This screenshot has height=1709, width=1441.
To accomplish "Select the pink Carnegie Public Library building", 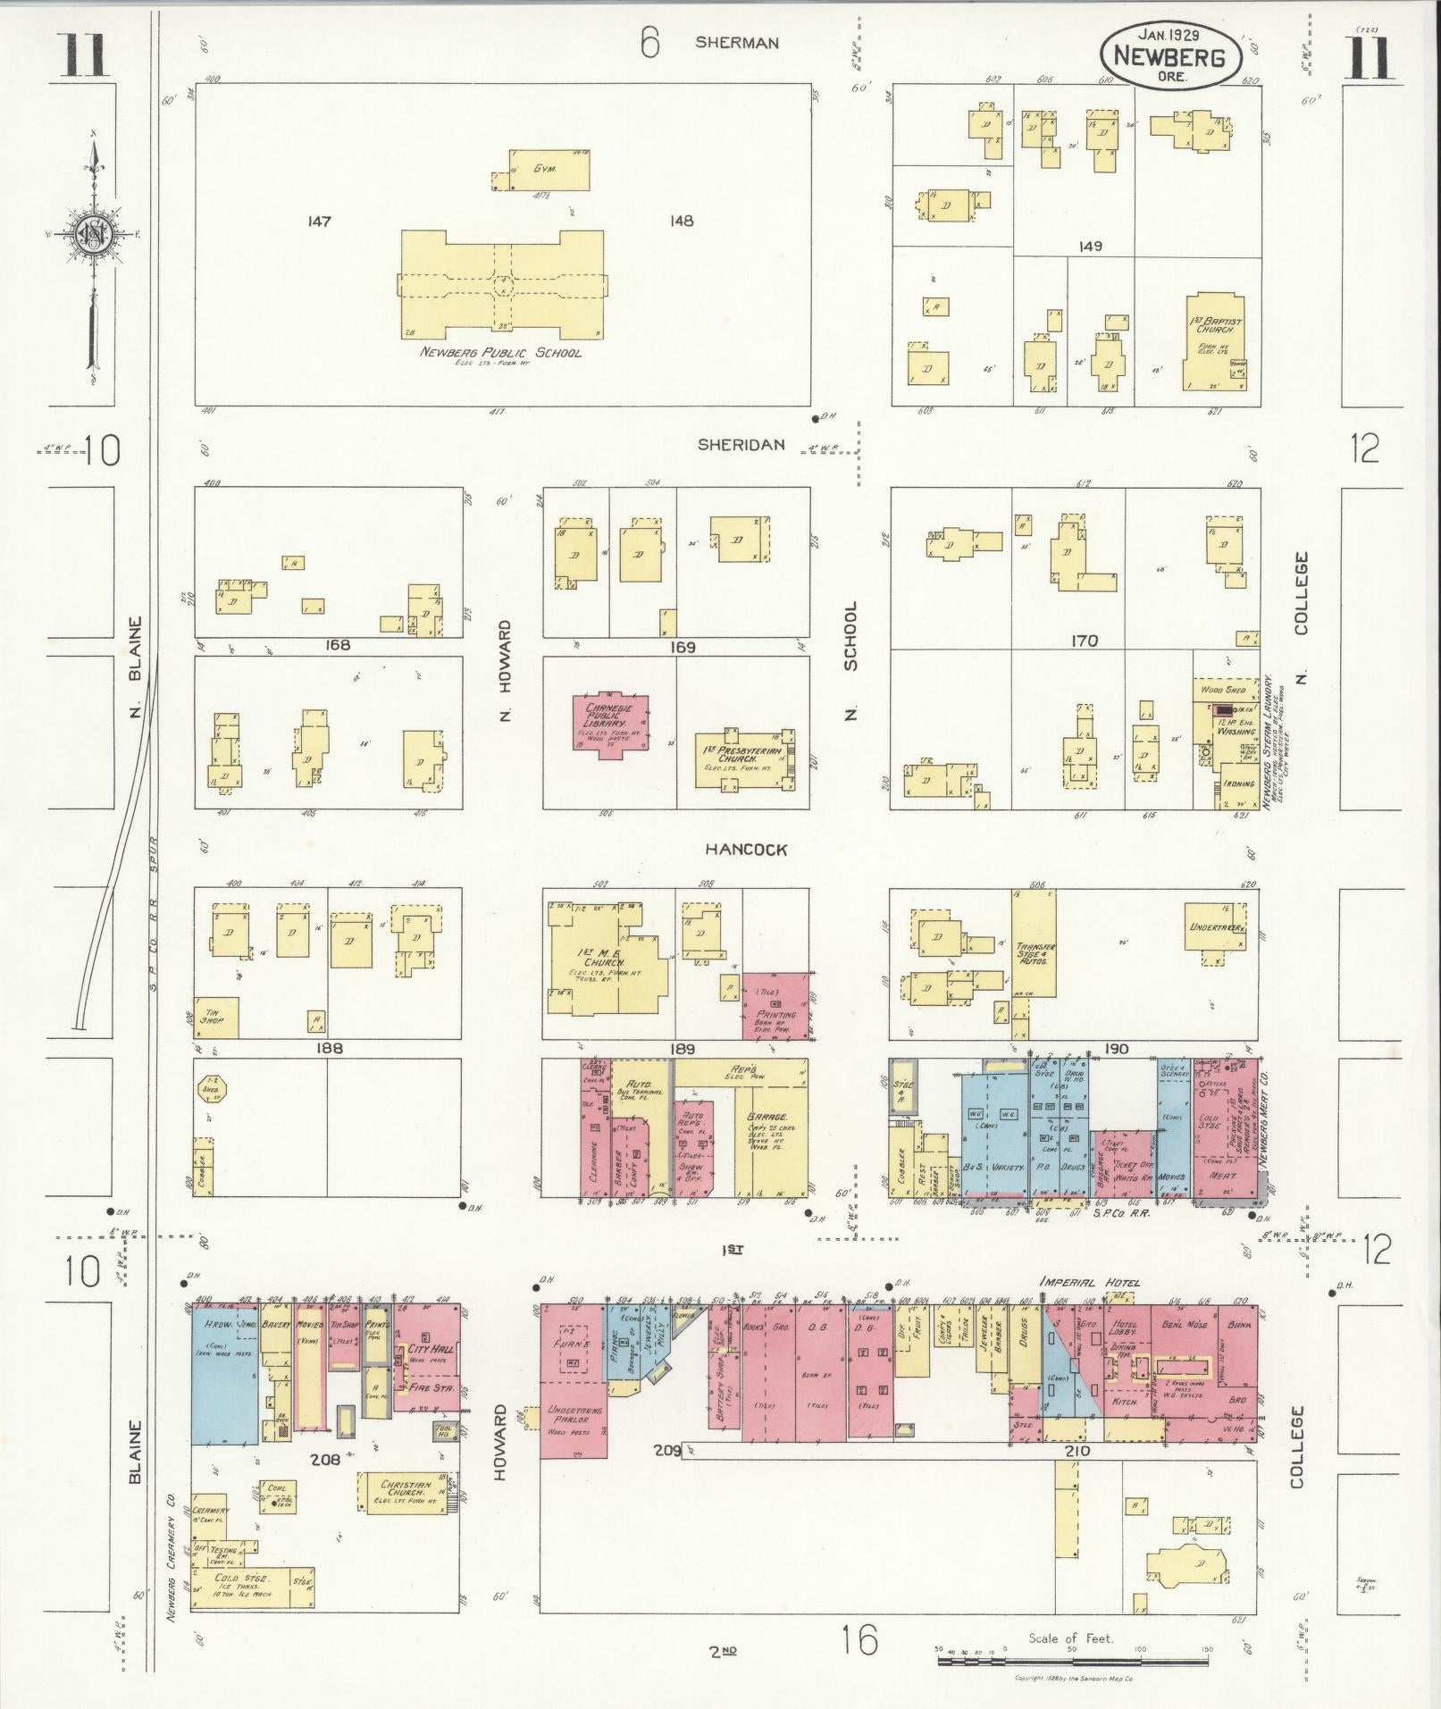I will pos(611,724).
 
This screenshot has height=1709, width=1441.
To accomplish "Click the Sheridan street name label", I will pos(741,445).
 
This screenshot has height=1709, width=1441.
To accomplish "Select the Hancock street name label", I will pos(746,850).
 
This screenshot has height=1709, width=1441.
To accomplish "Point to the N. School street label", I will pos(850,661).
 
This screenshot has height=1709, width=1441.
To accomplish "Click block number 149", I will pos(1090,246).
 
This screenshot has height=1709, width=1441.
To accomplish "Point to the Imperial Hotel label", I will pos(1090,1284).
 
